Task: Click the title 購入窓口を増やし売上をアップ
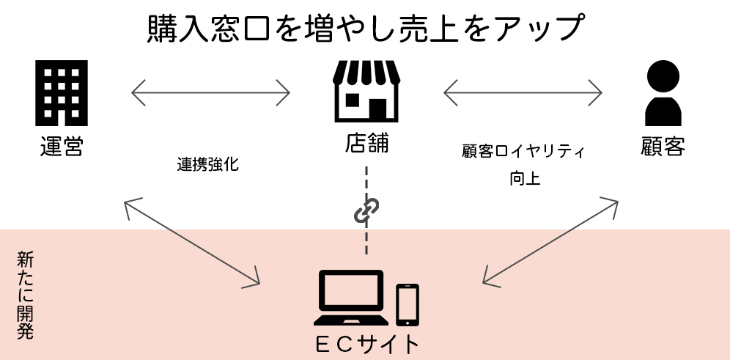tap(365, 29)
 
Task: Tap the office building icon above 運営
tap(62, 92)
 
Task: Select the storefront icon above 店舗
tap(366, 91)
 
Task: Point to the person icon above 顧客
tap(663, 93)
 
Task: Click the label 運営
tap(62, 145)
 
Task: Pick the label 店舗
tap(366, 143)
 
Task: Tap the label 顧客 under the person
tap(663, 146)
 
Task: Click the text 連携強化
tap(207, 164)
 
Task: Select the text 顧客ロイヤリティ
tap(523, 151)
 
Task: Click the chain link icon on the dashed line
tap(366, 210)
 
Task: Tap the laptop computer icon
tap(351, 298)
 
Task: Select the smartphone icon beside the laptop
tap(408, 305)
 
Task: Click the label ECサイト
tap(367, 345)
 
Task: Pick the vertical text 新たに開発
tap(25, 295)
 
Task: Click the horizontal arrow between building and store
tap(210, 92)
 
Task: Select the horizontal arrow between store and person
tap(523, 92)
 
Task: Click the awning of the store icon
tap(366, 72)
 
